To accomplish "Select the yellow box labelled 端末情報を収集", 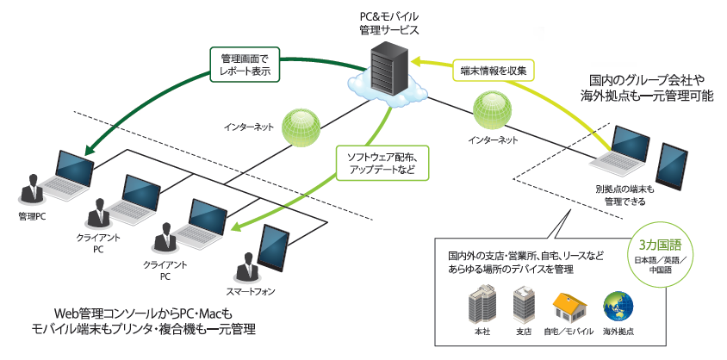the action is tap(494, 70).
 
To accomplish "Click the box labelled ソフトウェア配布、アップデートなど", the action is tap(382, 163).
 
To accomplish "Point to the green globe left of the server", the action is tap(301, 127).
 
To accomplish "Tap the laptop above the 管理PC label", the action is tap(68, 175).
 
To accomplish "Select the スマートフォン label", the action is tap(251, 291).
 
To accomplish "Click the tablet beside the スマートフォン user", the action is tap(273, 248).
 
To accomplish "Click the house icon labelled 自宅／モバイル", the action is tap(569, 307).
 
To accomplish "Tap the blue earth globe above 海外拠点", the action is tap(618, 307).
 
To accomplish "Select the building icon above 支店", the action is tap(525, 304).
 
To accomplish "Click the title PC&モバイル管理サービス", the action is tap(389, 23).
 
